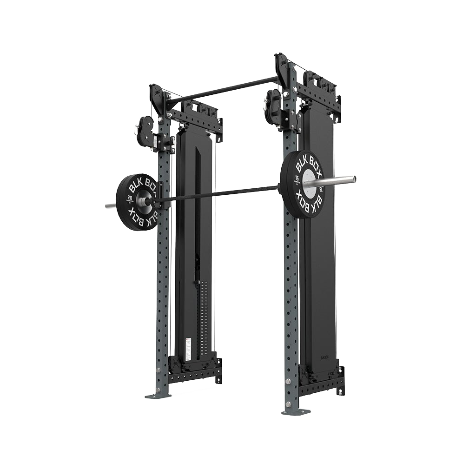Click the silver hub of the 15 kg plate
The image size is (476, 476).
pos(310,181)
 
